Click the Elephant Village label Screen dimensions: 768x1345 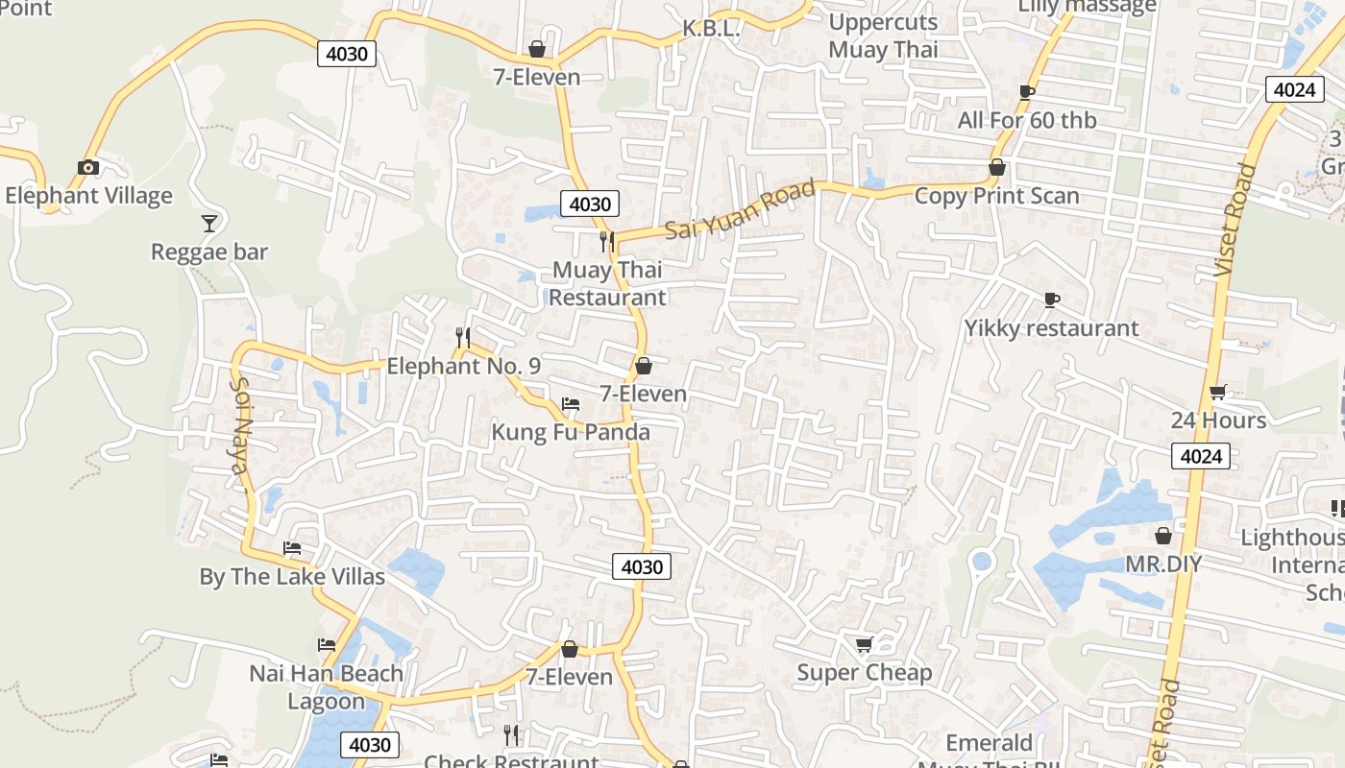coord(88,196)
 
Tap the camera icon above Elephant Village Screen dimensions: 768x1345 coord(88,168)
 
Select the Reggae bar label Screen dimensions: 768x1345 coord(209,252)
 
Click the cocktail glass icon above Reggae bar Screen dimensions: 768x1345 coord(209,224)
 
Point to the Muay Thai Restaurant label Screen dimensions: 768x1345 coord(607,284)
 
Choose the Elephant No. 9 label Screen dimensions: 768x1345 coord(463,367)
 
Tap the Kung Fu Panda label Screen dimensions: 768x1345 coord(571,432)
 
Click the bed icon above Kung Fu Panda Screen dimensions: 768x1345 coord(571,404)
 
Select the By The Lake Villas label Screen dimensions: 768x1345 coord(292,577)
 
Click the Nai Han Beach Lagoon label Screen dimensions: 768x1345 coord(327,687)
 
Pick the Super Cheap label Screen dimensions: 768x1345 coord(865,673)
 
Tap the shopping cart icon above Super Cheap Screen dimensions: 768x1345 coord(865,644)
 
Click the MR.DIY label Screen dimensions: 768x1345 coord(1163,564)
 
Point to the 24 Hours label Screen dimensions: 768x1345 coord(1218,420)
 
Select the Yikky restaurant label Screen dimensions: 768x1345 coord(1052,328)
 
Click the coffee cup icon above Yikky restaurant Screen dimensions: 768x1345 coord(1052,300)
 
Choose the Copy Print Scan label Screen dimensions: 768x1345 coord(997,196)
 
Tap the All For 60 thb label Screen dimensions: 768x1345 coord(1027,121)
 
